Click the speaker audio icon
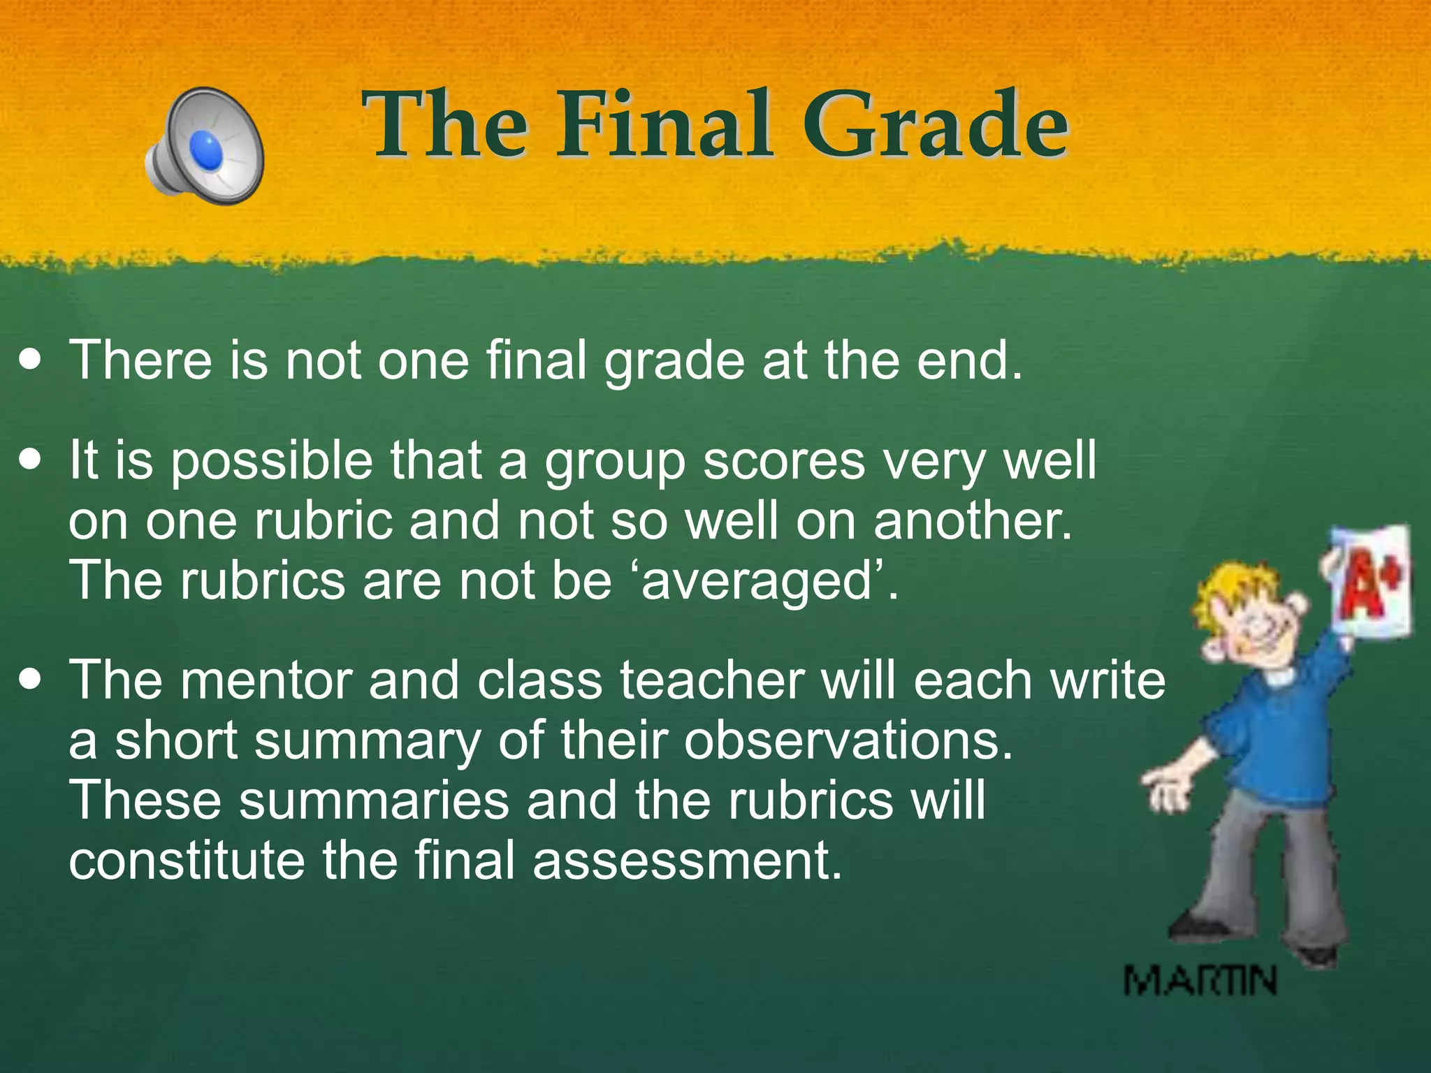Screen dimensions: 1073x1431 [x=204, y=146]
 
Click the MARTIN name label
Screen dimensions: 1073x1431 [x=1200, y=980]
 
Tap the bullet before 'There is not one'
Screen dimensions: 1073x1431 [x=30, y=361]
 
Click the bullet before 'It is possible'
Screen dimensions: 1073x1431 [x=30, y=461]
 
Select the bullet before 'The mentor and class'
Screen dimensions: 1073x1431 [x=30, y=680]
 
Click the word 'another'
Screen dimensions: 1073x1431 [x=972, y=521]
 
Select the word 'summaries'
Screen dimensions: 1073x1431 [x=374, y=801]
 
